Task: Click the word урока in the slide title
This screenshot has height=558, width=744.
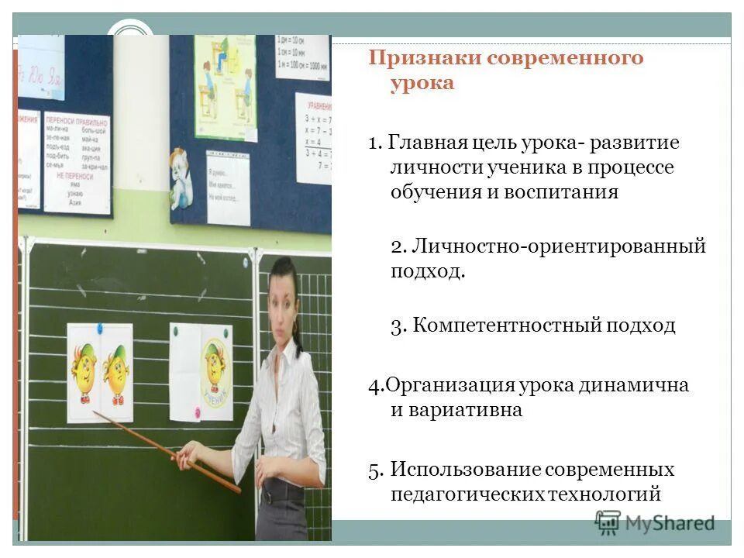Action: tap(422, 84)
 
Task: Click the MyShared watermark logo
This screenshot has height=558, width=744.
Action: tap(654, 523)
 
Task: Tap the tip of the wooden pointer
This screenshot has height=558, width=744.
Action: tap(95, 413)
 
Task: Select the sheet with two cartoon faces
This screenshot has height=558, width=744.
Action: tap(99, 372)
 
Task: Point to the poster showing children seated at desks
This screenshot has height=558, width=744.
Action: tap(224, 85)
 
